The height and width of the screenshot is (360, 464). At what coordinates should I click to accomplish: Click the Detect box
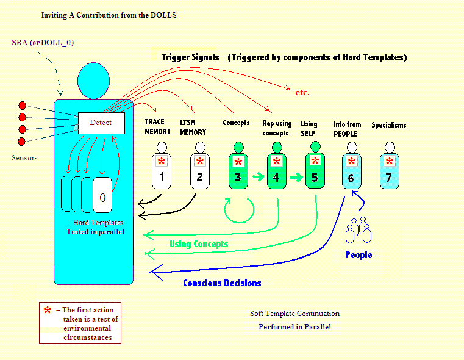click(101, 123)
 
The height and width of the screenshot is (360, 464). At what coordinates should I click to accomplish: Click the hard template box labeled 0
click(102, 197)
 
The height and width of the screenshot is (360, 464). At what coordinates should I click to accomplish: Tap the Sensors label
click(24, 158)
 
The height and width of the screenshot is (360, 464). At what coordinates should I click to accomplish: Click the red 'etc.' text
click(302, 93)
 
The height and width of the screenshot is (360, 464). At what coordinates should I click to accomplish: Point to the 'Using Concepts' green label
click(199, 244)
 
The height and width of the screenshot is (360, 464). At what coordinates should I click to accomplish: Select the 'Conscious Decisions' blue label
click(222, 283)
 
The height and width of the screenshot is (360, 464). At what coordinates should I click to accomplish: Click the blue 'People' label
click(359, 255)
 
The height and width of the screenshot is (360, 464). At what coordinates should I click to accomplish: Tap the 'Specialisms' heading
click(388, 125)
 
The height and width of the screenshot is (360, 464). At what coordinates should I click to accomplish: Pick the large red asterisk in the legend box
click(48, 311)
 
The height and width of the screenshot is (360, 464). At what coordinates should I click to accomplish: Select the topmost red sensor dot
click(23, 105)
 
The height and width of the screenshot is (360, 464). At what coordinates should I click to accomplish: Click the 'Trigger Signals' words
click(190, 57)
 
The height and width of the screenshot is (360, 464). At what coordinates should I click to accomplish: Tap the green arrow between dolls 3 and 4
click(258, 177)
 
